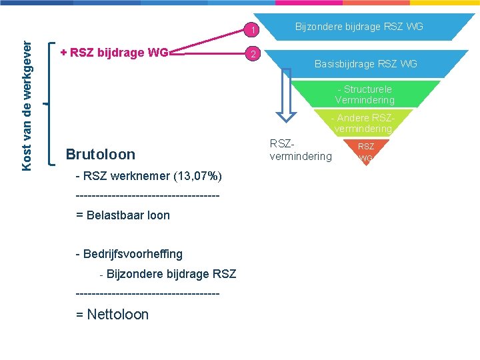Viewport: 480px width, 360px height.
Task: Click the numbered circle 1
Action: tap(252, 29)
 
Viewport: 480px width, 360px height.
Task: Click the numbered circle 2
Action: tap(252, 53)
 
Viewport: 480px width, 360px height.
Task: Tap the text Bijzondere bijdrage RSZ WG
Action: tap(359, 27)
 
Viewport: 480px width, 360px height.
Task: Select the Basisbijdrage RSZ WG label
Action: tap(365, 64)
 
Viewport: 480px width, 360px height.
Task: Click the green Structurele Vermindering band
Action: tap(365, 94)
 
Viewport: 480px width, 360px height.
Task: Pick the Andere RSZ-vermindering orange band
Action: tap(363, 123)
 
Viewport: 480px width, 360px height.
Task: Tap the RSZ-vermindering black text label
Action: tap(300, 149)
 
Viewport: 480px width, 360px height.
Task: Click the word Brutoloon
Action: tap(100, 155)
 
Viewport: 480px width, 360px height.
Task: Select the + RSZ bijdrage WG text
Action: tap(113, 52)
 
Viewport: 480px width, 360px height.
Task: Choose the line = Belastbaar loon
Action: tap(123, 215)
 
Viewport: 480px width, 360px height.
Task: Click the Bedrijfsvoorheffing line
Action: tap(129, 254)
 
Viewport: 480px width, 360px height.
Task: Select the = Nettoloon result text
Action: tap(112, 315)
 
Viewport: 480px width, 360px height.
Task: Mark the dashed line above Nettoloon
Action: tap(147, 293)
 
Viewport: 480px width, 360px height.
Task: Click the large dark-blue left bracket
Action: tap(52, 103)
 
